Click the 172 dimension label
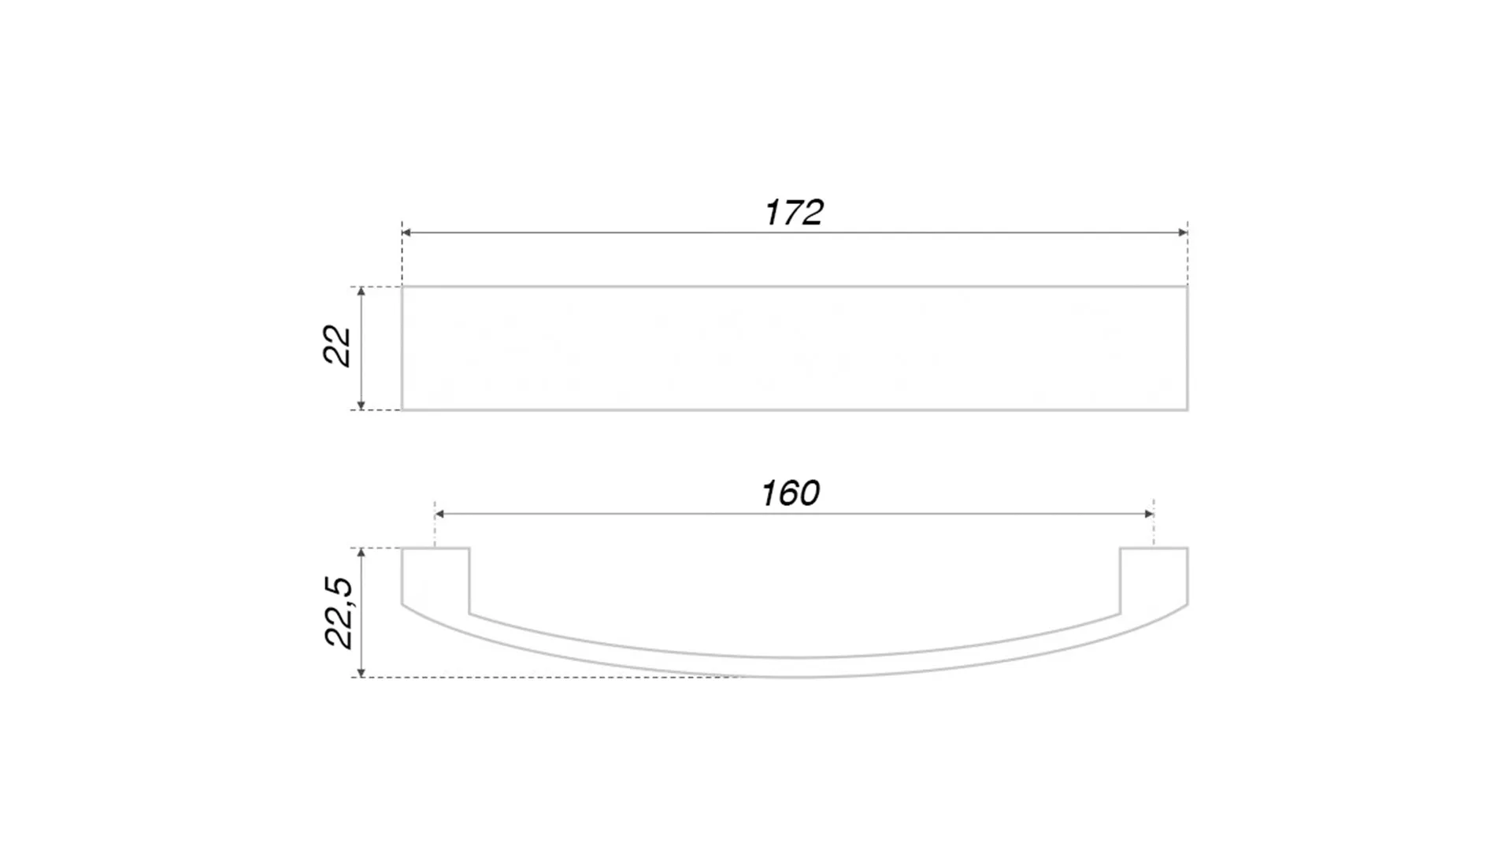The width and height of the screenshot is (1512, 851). coord(794,213)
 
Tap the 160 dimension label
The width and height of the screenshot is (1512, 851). coord(791,494)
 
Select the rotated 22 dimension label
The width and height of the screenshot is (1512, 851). coord(337,345)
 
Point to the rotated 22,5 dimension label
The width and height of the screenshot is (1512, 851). coord(339,613)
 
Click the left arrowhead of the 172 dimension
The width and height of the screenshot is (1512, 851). coord(406,232)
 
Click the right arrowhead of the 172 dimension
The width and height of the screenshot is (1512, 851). coord(1183,232)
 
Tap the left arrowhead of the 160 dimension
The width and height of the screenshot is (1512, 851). coord(439,514)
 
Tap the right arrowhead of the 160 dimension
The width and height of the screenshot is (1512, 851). coord(1149,514)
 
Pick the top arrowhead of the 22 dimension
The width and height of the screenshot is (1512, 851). coord(361,292)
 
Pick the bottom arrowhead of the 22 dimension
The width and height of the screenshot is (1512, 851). coord(361,405)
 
